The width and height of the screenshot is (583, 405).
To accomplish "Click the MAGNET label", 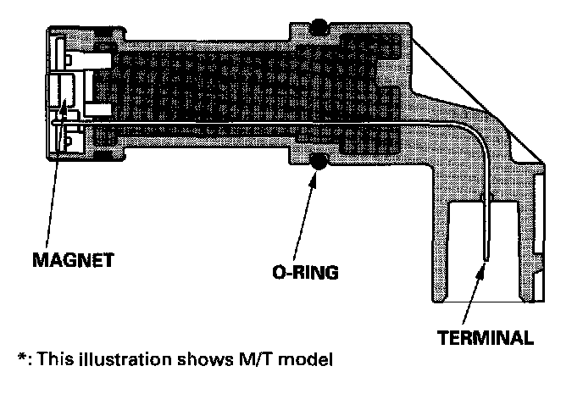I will click(x=75, y=258).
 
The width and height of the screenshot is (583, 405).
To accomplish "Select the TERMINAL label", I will click(x=486, y=338).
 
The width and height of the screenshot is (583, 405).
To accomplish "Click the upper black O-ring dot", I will click(x=319, y=27).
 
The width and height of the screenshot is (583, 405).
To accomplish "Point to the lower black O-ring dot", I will click(x=319, y=162).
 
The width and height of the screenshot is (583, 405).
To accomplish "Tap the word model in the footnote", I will click(x=305, y=358).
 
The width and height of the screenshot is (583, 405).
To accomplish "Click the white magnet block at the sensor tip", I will click(x=62, y=92).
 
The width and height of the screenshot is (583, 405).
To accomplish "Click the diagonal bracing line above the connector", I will click(x=479, y=94).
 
